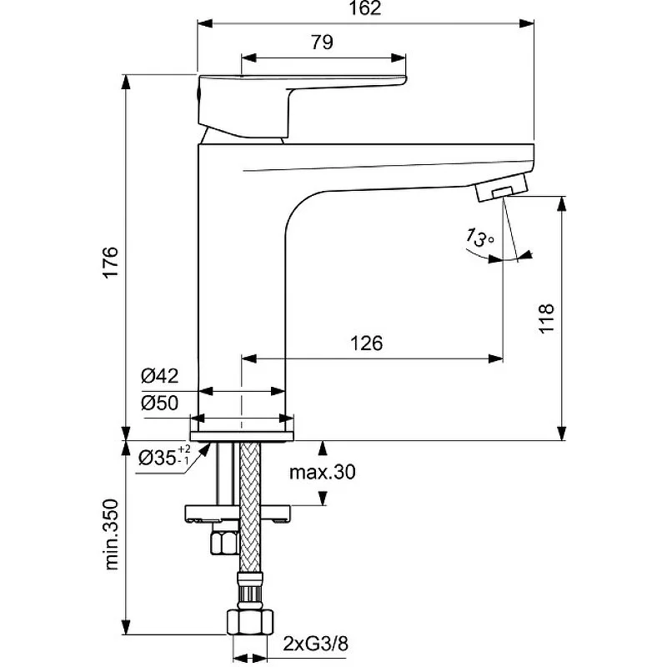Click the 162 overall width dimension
[365, 8]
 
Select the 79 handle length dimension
[322, 43]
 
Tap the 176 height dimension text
[111, 262]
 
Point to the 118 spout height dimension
[547, 318]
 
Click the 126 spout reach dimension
[366, 343]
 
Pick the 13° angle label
[479, 238]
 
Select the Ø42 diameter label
[159, 376]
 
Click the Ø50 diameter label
[159, 403]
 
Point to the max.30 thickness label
[322, 472]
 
